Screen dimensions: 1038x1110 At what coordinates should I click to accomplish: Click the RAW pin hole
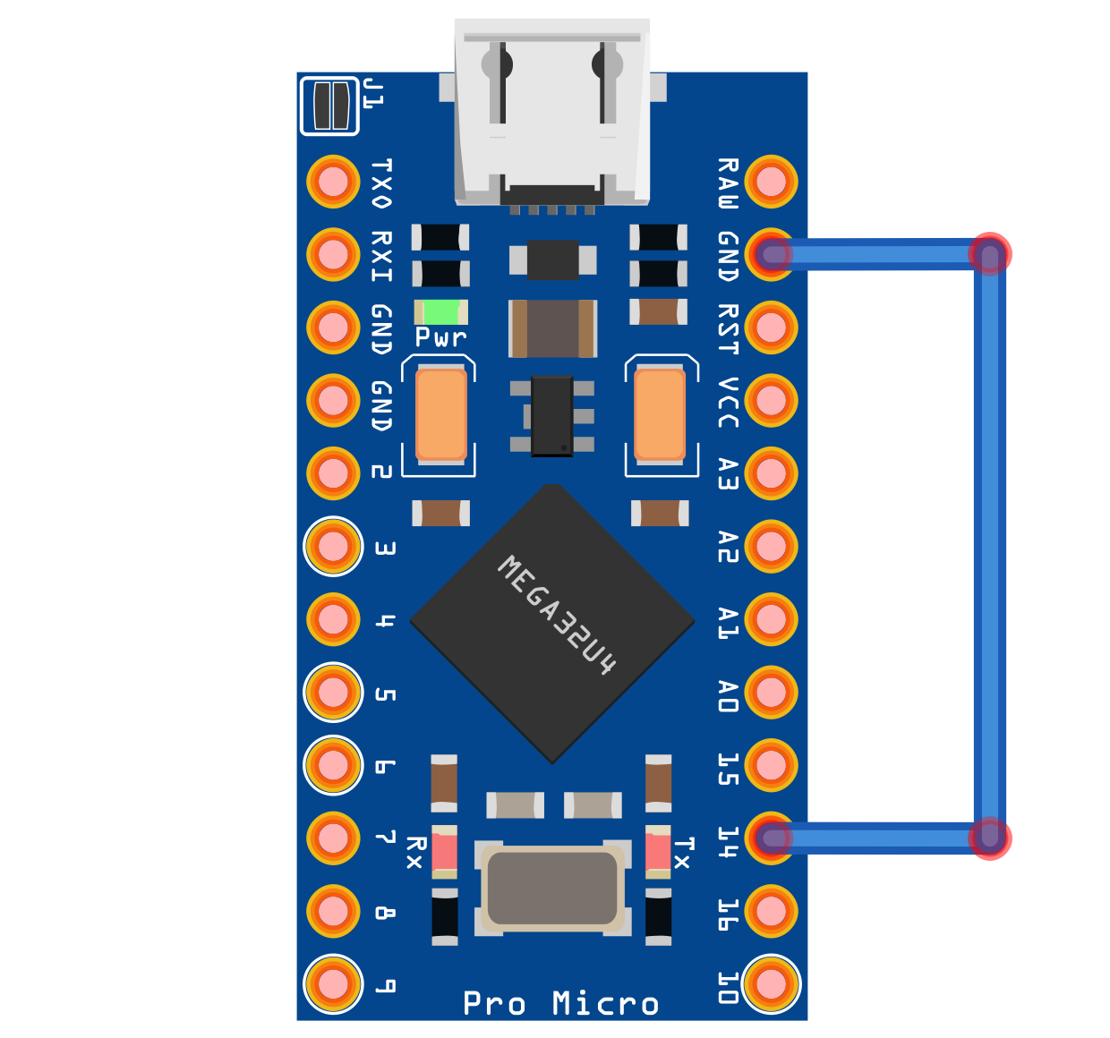coord(771,182)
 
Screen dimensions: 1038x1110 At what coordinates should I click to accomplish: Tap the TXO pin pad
coord(333,182)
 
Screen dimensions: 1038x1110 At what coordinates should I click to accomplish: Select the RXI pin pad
coord(333,254)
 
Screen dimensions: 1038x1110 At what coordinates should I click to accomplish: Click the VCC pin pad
coord(771,400)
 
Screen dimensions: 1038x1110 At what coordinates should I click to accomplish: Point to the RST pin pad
coord(771,328)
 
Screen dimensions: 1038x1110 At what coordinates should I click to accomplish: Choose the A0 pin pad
coord(771,692)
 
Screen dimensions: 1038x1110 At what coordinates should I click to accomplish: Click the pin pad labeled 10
coord(771,983)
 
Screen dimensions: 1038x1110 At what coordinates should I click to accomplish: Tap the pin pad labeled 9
coord(333,983)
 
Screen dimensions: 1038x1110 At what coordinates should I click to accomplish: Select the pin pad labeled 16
coord(771,911)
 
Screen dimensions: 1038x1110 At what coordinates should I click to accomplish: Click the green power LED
coord(440,312)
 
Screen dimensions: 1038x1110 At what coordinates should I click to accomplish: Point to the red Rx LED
coord(444,851)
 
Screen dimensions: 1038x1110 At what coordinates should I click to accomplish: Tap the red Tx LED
coord(658,851)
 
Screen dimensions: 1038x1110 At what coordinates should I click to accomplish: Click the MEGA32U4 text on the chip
coord(557,615)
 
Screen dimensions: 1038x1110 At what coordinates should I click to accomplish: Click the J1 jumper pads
coord(329,106)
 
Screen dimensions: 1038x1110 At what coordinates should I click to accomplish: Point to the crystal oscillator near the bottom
coord(551,889)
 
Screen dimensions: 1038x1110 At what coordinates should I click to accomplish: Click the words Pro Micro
coord(560,1003)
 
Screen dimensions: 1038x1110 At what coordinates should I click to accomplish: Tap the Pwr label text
coord(440,337)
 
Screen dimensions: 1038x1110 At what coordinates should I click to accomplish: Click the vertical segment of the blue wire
coord(989,546)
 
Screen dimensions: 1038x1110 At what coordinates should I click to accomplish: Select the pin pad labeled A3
coord(771,473)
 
